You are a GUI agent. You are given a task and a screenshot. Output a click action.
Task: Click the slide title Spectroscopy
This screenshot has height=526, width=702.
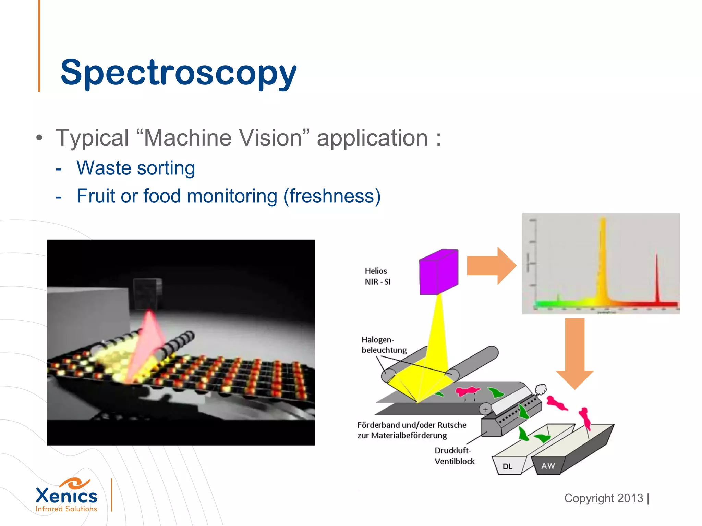(178, 73)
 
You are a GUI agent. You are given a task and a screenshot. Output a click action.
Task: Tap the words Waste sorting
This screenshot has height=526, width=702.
(136, 168)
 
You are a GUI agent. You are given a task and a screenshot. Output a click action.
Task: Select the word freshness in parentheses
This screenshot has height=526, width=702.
(332, 196)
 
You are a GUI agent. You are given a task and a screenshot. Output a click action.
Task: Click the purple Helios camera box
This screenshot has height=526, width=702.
(439, 272)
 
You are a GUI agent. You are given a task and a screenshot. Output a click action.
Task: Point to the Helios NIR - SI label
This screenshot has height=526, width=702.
(377, 276)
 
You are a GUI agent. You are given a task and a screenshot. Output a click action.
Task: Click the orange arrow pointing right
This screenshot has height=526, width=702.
(492, 266)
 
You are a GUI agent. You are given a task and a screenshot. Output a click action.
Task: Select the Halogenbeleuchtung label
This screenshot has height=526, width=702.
(384, 345)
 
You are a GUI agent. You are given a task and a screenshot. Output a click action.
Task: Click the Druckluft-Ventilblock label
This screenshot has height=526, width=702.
(454, 456)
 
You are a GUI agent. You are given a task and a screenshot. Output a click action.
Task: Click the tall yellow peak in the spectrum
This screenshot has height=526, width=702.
(602, 260)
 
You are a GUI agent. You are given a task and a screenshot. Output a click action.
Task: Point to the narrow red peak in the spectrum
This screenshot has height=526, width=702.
(657, 281)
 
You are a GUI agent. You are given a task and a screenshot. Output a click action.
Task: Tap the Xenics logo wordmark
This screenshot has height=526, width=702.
(66, 496)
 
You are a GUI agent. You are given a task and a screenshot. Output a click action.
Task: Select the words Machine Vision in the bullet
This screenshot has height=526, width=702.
(223, 138)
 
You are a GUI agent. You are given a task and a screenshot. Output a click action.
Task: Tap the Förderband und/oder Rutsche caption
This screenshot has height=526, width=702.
(412, 430)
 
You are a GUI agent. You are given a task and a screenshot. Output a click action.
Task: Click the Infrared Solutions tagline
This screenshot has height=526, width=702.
(66, 509)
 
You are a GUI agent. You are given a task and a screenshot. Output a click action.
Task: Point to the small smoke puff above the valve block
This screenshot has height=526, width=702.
(541, 389)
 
